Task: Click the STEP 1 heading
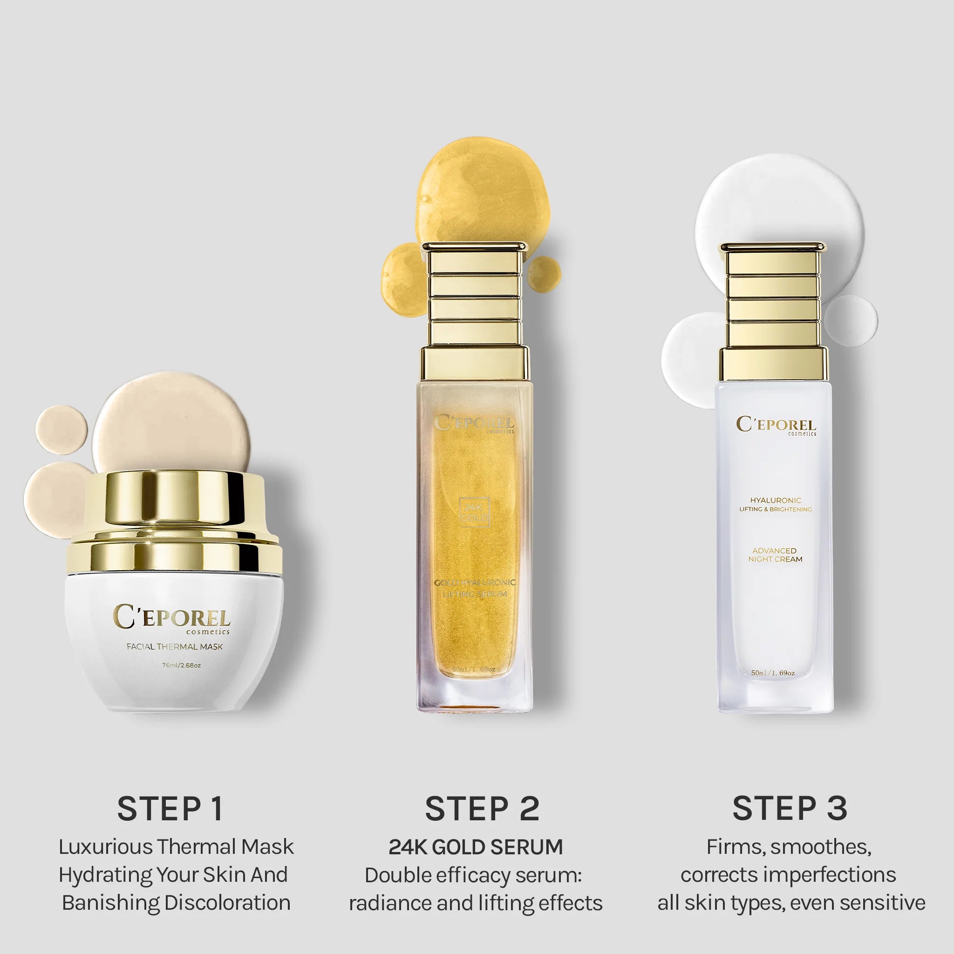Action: point(170,809)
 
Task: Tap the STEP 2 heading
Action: point(482,809)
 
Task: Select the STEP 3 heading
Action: point(790,809)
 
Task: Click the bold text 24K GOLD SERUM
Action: point(476,847)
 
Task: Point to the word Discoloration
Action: point(227,903)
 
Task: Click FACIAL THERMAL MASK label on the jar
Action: point(174,647)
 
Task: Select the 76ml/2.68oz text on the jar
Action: point(181,666)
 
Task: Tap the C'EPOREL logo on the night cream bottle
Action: point(776,425)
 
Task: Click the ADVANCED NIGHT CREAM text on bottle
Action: point(775,554)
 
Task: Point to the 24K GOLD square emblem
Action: point(474,512)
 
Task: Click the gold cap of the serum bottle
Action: point(474,311)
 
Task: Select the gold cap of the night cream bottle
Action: point(773,311)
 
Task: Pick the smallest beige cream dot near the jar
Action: point(61,429)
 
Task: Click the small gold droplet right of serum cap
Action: point(545,273)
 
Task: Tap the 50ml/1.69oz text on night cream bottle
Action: point(773,673)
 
